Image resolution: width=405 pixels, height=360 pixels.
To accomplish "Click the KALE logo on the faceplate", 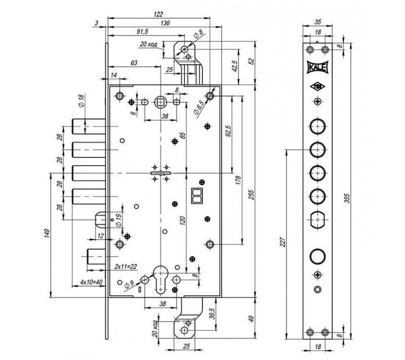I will click(x=317, y=66).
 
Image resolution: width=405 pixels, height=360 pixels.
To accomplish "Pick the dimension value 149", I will click(x=46, y=233).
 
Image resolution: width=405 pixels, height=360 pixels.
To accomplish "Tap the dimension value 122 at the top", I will click(x=166, y=14).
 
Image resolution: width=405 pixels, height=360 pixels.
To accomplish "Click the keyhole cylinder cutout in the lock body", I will click(x=160, y=279).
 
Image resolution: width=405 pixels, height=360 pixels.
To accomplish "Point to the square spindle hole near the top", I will click(x=160, y=102).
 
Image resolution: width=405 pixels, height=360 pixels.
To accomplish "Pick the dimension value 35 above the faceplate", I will click(x=318, y=22).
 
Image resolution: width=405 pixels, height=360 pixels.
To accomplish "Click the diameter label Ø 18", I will click(x=80, y=100).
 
